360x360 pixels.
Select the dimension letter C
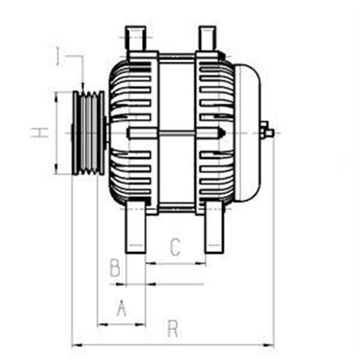(175, 246)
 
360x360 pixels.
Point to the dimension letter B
(115, 268)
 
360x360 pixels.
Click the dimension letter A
(121, 308)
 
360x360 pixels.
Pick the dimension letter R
(173, 328)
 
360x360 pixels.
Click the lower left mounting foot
(136, 228)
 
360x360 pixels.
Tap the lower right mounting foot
(214, 228)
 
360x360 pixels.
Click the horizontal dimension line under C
(175, 263)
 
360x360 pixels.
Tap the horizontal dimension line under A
(121, 324)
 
